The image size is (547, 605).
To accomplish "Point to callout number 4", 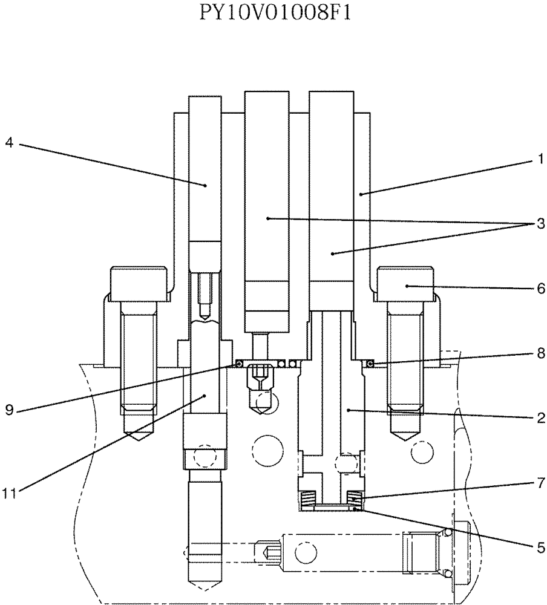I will [x=9, y=143].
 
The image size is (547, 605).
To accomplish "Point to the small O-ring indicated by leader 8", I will [x=371, y=363].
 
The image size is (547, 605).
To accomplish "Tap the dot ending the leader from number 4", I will [x=206, y=185].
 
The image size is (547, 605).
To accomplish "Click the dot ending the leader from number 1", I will [x=361, y=194].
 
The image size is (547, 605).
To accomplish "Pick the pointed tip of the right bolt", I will [x=405, y=437].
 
